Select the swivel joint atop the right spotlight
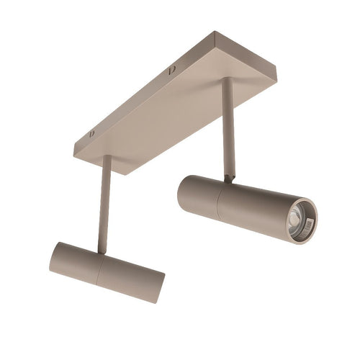228,177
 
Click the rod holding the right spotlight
228,130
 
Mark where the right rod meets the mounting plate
226,81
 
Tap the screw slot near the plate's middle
172,70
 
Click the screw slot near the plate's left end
92,134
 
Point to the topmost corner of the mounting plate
214,32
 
